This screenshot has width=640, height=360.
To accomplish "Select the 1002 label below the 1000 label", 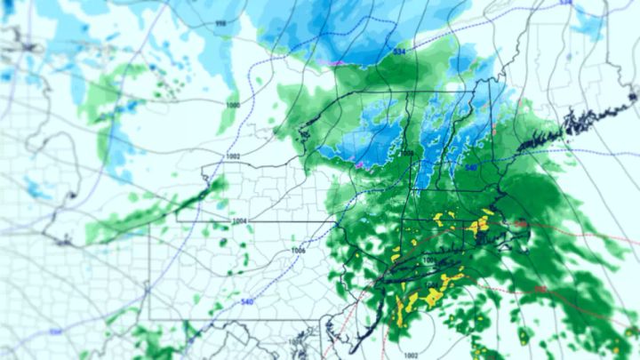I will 233,156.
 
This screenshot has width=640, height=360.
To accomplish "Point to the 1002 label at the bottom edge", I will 410,354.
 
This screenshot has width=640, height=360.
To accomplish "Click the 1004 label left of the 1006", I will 238,220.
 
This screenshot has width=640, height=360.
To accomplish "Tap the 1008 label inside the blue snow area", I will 407,153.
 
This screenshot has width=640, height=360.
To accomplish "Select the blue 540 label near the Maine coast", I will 471,167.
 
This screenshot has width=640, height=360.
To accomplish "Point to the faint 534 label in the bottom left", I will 55,332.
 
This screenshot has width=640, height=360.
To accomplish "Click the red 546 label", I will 519,224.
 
